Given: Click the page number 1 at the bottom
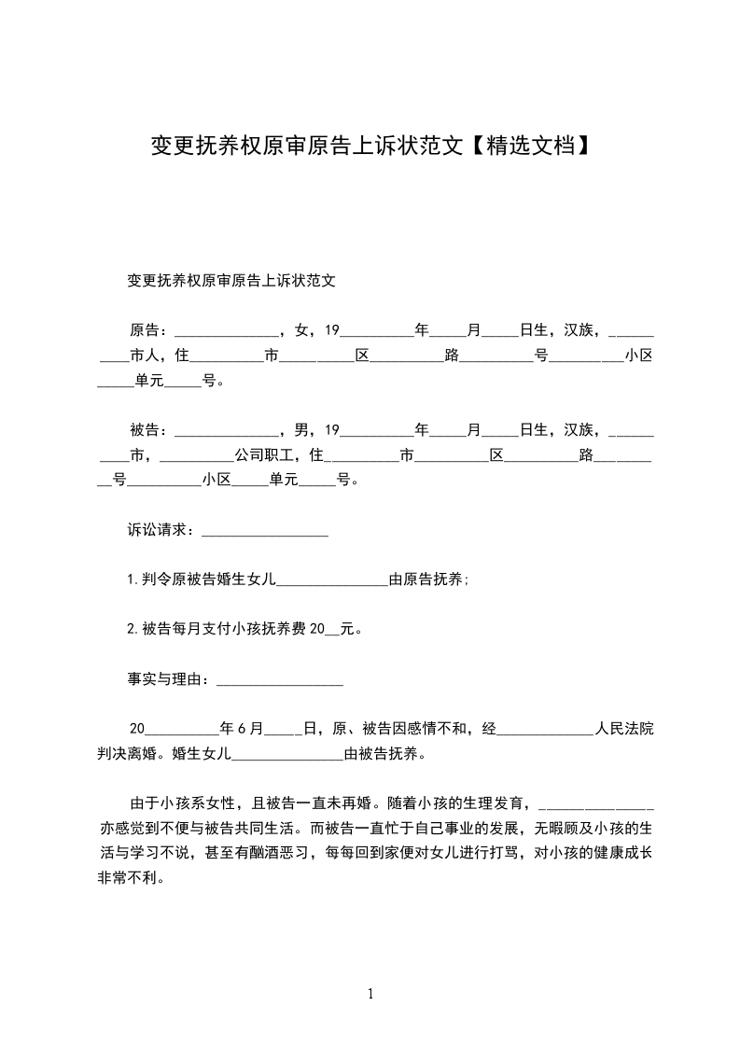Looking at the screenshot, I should (x=370, y=993).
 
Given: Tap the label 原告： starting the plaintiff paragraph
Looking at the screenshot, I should (x=149, y=329).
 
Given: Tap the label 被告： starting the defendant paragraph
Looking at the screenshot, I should (x=149, y=430).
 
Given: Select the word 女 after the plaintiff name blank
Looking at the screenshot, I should (x=300, y=329).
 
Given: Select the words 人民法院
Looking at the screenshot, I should (x=624, y=730).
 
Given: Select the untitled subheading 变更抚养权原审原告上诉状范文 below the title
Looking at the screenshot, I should (x=230, y=280).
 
